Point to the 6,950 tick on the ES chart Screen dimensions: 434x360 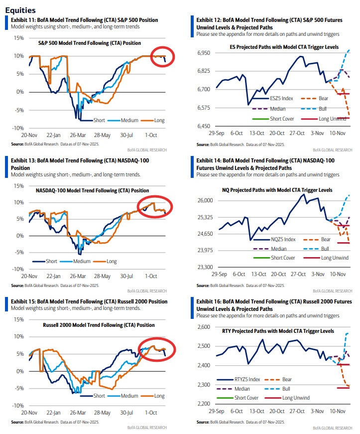205,52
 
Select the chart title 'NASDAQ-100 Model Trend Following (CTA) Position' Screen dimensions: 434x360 92,190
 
